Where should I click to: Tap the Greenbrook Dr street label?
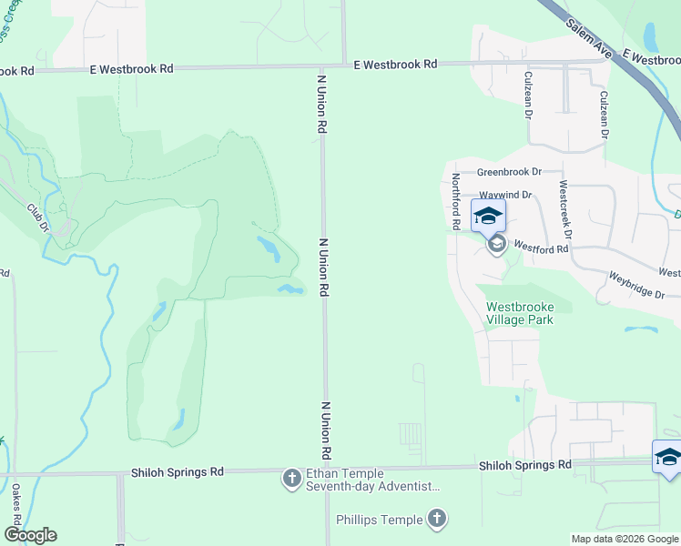click(x=509, y=171)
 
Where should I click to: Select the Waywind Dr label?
click(x=505, y=195)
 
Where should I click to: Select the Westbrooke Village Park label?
click(x=520, y=313)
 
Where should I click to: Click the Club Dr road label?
click(x=36, y=217)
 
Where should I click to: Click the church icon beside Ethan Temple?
click(x=291, y=479)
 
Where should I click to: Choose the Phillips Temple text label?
click(x=379, y=520)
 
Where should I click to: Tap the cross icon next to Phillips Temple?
click(x=438, y=520)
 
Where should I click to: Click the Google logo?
click(x=30, y=535)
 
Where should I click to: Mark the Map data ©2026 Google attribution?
click(x=625, y=539)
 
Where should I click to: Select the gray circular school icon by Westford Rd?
click(x=497, y=245)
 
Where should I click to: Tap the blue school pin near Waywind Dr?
click(x=488, y=217)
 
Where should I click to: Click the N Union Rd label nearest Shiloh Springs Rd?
click(x=325, y=430)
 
